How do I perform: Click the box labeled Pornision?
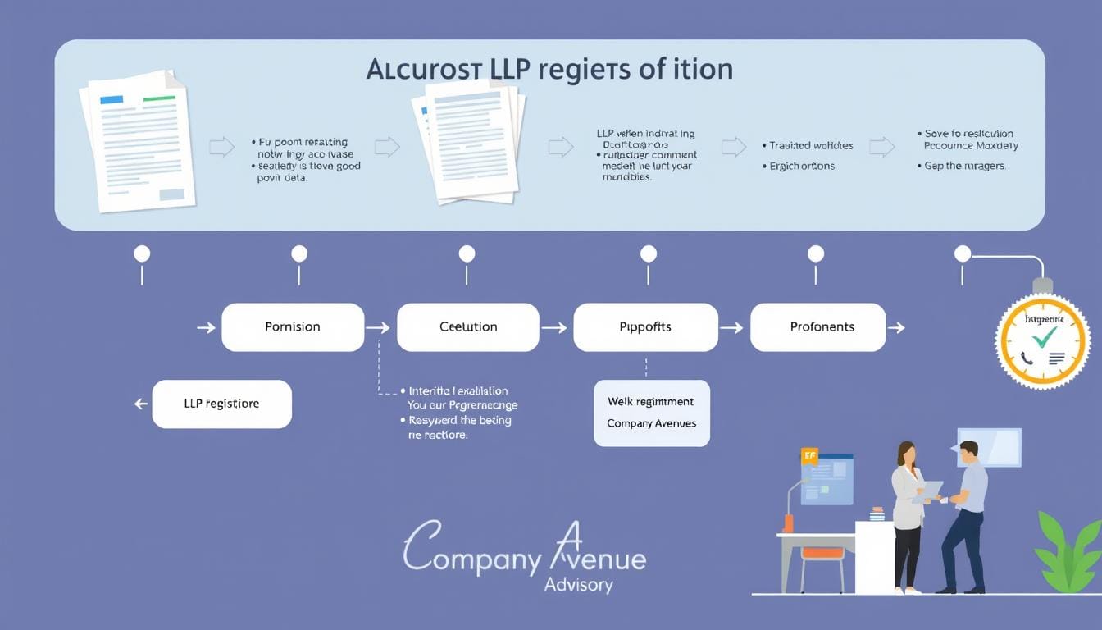(x=293, y=326)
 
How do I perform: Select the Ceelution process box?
(x=468, y=326)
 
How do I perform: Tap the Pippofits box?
(x=645, y=326)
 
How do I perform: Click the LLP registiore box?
(x=221, y=404)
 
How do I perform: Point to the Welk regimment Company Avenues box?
(x=652, y=413)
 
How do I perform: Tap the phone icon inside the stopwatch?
(x=1027, y=358)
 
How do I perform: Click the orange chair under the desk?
(x=822, y=554)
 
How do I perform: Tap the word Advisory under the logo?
(x=578, y=585)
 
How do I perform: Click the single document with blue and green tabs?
(x=137, y=141)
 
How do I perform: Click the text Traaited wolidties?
(x=811, y=145)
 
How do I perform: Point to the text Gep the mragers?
(x=965, y=165)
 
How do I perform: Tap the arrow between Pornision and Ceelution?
(x=377, y=327)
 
